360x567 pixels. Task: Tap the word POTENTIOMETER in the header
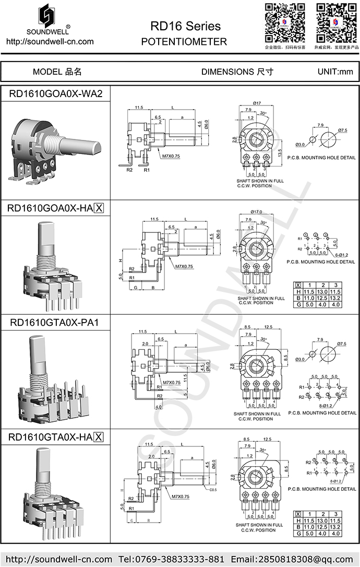184,42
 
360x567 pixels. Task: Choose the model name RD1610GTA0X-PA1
54,323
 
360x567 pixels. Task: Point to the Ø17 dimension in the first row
256,103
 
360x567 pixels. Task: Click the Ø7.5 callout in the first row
342,129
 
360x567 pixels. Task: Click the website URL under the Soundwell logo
50,42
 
